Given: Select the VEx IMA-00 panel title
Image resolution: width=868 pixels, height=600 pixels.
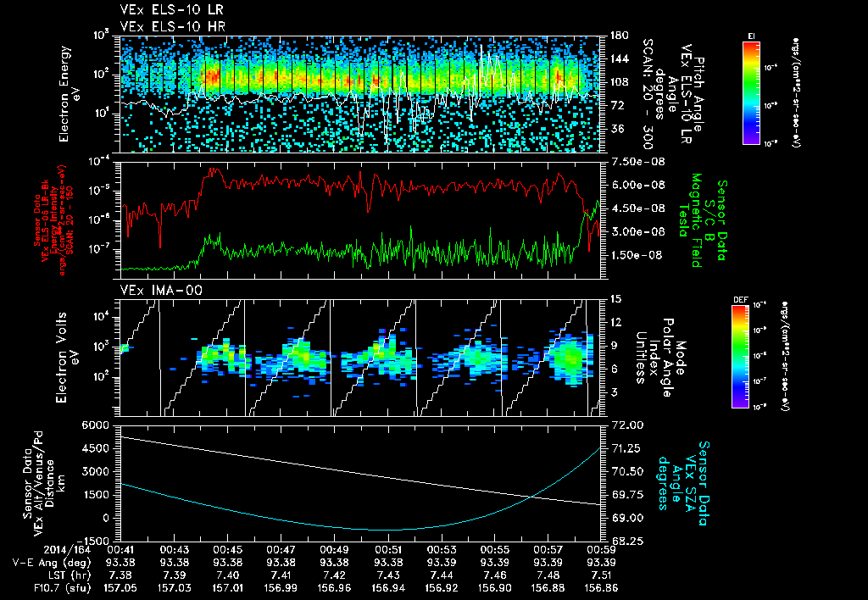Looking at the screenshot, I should [153, 291].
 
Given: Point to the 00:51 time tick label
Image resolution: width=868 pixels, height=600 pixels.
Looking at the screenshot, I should [388, 549].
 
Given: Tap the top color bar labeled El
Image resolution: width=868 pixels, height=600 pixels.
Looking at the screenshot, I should [751, 90].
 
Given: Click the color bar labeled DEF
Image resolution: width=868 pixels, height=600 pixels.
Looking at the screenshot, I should [739, 356].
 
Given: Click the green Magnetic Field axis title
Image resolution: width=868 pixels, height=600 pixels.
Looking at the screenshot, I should [695, 220].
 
